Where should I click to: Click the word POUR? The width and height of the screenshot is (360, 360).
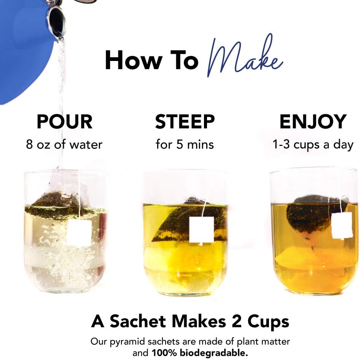(x=64, y=122)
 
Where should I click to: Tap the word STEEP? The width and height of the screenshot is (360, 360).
(x=185, y=122)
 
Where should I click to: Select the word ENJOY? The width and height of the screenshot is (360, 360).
(x=313, y=122)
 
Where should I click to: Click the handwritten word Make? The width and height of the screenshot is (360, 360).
(x=245, y=57)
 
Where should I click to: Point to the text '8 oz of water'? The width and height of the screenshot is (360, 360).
(x=64, y=145)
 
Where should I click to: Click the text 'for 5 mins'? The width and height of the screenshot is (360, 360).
(x=185, y=145)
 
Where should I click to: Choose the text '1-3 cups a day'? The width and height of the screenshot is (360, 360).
(x=313, y=145)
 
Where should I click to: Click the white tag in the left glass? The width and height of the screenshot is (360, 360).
(x=79, y=232)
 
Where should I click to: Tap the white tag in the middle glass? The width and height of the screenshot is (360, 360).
(x=201, y=229)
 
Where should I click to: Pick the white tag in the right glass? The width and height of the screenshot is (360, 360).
(x=341, y=226)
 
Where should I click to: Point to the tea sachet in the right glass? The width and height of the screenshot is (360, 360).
(x=310, y=215)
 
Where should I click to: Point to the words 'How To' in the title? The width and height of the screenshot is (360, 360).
(x=151, y=60)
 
